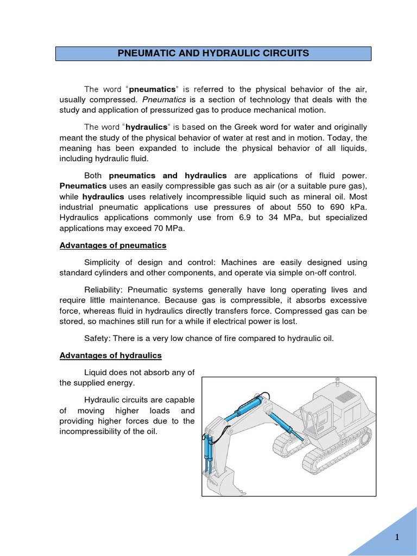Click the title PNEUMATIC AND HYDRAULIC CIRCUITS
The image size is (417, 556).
pyautogui.click(x=214, y=53)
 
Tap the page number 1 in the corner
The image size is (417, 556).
pyautogui.click(x=397, y=538)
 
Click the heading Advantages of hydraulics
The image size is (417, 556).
pyautogui.click(x=110, y=355)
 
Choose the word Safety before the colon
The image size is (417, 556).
pyautogui.click(x=97, y=338)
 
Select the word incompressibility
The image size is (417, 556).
pyautogui.click(x=98, y=432)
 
